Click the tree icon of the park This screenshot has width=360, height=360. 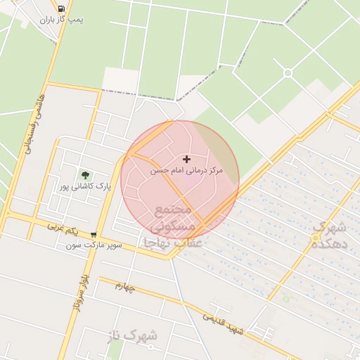coord(86,174)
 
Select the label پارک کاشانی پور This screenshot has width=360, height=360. coord(86,187)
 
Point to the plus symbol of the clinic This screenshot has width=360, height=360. coord(186,160)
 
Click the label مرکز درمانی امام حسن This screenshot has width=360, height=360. coord(186,171)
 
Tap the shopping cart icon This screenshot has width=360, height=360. coord(94,235)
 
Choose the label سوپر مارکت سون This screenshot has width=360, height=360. coord(94,245)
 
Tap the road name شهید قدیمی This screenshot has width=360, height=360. coord(223,322)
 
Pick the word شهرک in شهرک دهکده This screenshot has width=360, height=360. coord(330,228)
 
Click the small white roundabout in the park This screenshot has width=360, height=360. coord(288,72)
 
